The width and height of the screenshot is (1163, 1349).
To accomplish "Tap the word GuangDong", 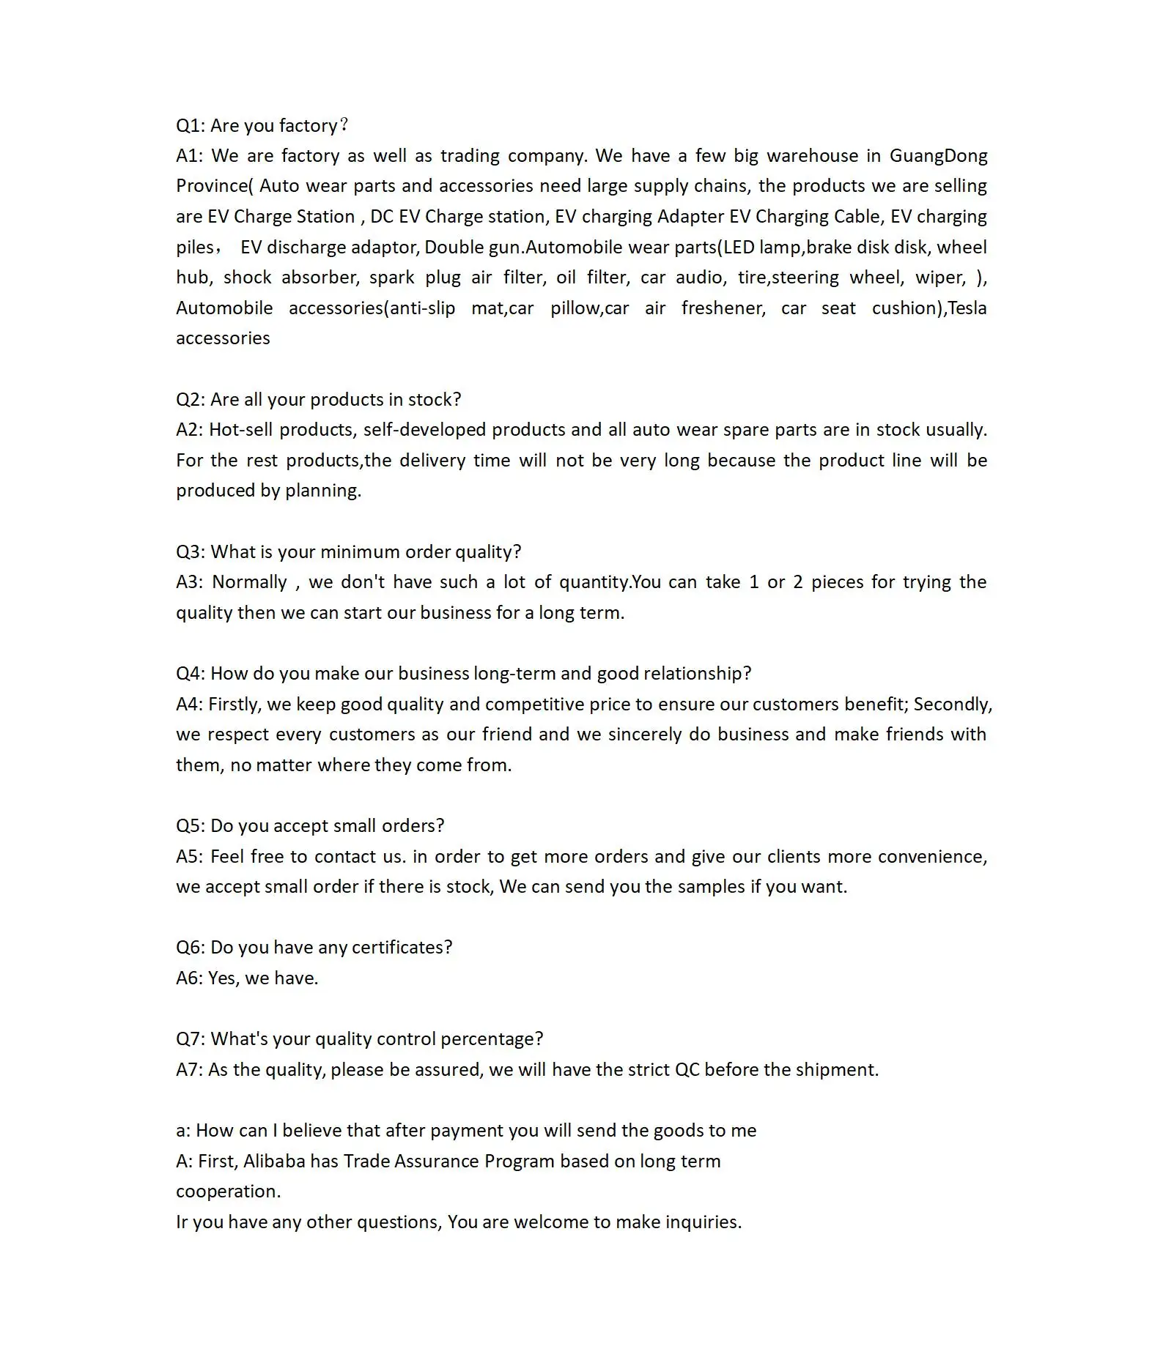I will [x=938, y=156].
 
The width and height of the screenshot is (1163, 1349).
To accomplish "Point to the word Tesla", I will [x=967, y=308].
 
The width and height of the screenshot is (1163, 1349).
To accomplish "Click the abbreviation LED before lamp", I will [x=739, y=248].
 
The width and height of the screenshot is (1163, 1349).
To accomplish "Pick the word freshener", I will [x=723, y=308].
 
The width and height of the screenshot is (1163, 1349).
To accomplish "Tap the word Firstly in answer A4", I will [x=235, y=705].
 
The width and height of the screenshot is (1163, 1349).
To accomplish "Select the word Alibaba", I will [x=274, y=1162].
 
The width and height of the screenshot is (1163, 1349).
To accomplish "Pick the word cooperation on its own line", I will [x=228, y=1192].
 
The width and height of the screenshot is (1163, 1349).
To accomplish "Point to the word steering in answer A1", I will [x=805, y=278].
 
